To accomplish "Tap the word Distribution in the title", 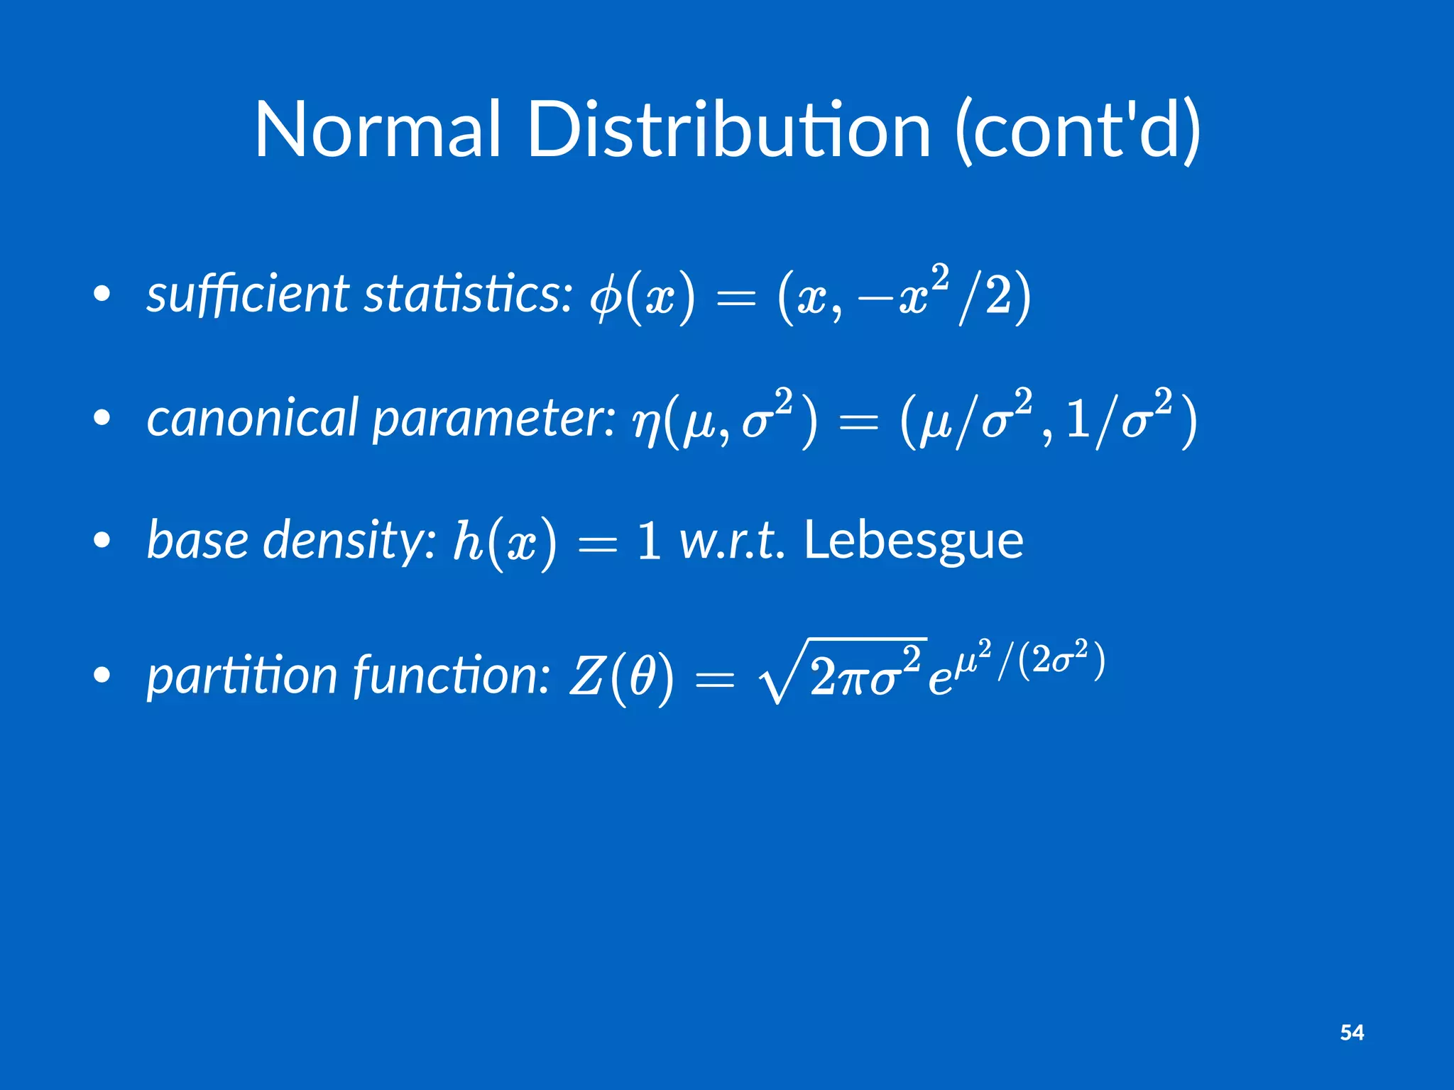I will coord(728,130).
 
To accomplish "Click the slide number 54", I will coord(1352,1033).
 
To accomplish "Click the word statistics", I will coord(468,294).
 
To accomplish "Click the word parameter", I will coord(494,419).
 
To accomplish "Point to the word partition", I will coord(241,676).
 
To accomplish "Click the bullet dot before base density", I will coord(102,541).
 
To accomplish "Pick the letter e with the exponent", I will coord(939,681).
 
